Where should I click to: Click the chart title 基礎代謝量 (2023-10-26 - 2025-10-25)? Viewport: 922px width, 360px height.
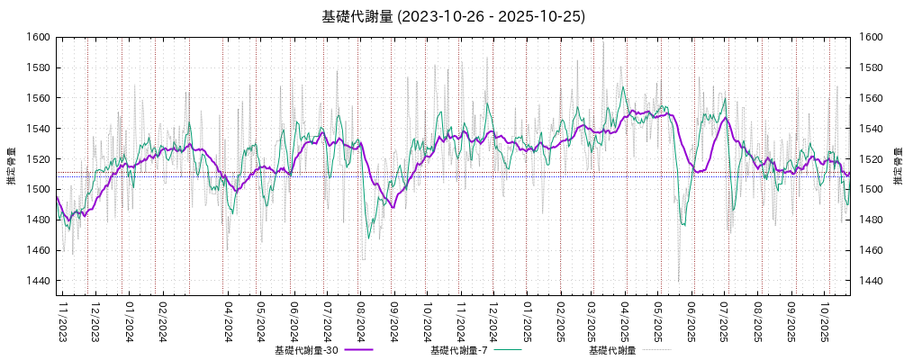pos(454,16)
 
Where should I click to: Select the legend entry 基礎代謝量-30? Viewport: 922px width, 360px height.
pos(305,350)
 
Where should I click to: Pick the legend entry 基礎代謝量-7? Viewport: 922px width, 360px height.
pos(459,350)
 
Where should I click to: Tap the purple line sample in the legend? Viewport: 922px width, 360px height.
pos(357,350)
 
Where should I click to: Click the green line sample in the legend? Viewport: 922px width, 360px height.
pos(507,350)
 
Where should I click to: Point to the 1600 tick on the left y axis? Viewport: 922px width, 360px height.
pos(38,37)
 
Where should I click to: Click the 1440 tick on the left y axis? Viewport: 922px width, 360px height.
pos(38,281)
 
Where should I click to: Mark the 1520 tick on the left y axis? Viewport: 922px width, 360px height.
pos(38,159)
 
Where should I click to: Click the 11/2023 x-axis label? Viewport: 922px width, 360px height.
pos(63,321)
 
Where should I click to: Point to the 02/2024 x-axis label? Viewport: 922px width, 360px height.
pos(163,321)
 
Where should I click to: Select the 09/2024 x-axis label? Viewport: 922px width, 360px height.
pos(393,321)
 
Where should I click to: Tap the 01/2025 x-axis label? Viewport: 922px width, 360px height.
pos(527,321)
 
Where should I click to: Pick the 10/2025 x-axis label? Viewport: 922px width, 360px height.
pos(824,321)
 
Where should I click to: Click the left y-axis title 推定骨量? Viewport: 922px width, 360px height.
pos(11,166)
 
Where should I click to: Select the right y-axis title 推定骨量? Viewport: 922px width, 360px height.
pos(898,166)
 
